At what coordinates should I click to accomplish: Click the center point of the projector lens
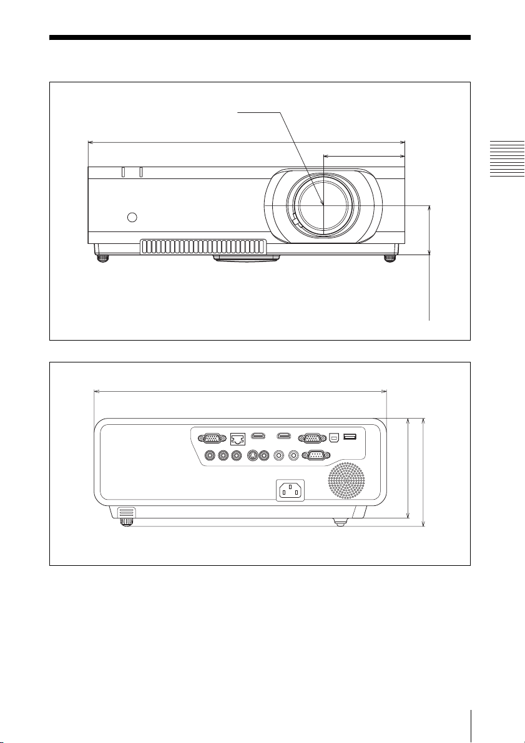tap(323, 205)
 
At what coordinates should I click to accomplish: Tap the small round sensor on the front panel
tap(131, 217)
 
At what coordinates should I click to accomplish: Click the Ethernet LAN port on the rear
tap(238, 439)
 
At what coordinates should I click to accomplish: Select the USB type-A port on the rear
tap(350, 437)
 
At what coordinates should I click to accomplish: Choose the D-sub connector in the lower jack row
tap(314, 455)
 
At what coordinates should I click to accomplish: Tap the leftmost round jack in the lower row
tap(207, 455)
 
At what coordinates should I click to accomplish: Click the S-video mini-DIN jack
tap(253, 455)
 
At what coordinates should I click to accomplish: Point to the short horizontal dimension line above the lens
tap(365, 157)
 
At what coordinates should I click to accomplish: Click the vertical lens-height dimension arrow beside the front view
tap(430, 229)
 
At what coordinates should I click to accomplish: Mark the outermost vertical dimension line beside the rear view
tap(424, 472)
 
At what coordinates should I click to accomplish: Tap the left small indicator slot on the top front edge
tap(123, 172)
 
